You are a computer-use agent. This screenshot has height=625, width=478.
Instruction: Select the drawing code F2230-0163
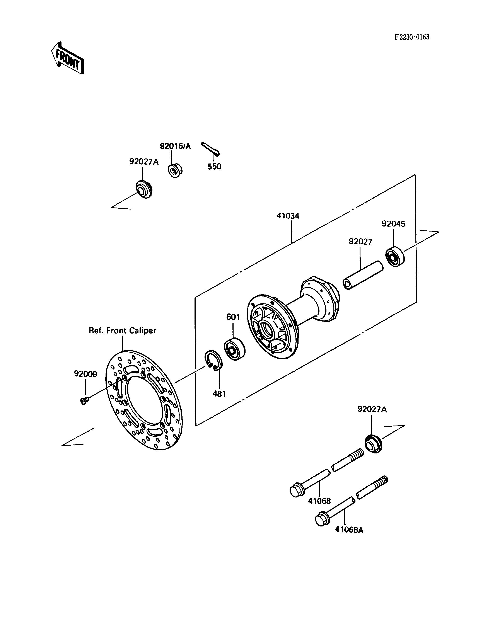click(x=412, y=37)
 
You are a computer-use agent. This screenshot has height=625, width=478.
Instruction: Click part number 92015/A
click(x=175, y=146)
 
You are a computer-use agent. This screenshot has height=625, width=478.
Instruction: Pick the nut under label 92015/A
click(x=174, y=171)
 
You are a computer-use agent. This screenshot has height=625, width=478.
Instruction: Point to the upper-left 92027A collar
click(x=144, y=189)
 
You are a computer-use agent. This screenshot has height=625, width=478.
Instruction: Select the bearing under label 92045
click(x=395, y=257)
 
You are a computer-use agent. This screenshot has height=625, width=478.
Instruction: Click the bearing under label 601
click(x=235, y=349)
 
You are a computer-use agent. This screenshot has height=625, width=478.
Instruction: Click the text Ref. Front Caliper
click(x=122, y=330)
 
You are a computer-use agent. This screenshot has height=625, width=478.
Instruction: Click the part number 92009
click(x=85, y=374)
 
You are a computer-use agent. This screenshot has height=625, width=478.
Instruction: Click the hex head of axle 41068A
click(x=322, y=519)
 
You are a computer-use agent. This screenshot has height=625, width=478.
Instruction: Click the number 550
click(x=214, y=166)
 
